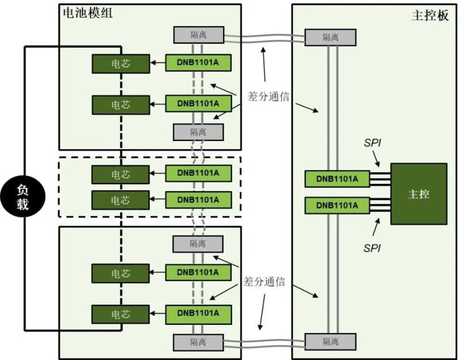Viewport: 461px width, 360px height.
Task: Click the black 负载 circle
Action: tap(22, 197)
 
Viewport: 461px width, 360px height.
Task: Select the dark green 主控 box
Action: tap(418, 194)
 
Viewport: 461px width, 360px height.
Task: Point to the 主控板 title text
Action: tap(429, 16)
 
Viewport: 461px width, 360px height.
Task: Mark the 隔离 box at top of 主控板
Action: tap(330, 37)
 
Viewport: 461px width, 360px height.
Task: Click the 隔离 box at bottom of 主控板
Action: tap(330, 342)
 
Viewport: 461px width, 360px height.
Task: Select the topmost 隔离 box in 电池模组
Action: tap(198, 35)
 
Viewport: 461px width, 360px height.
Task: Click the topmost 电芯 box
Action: tap(120, 63)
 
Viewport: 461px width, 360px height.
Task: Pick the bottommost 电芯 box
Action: tap(120, 314)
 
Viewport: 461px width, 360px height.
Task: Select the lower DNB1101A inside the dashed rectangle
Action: tap(198, 200)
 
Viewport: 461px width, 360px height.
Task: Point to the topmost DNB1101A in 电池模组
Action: tap(198, 62)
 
